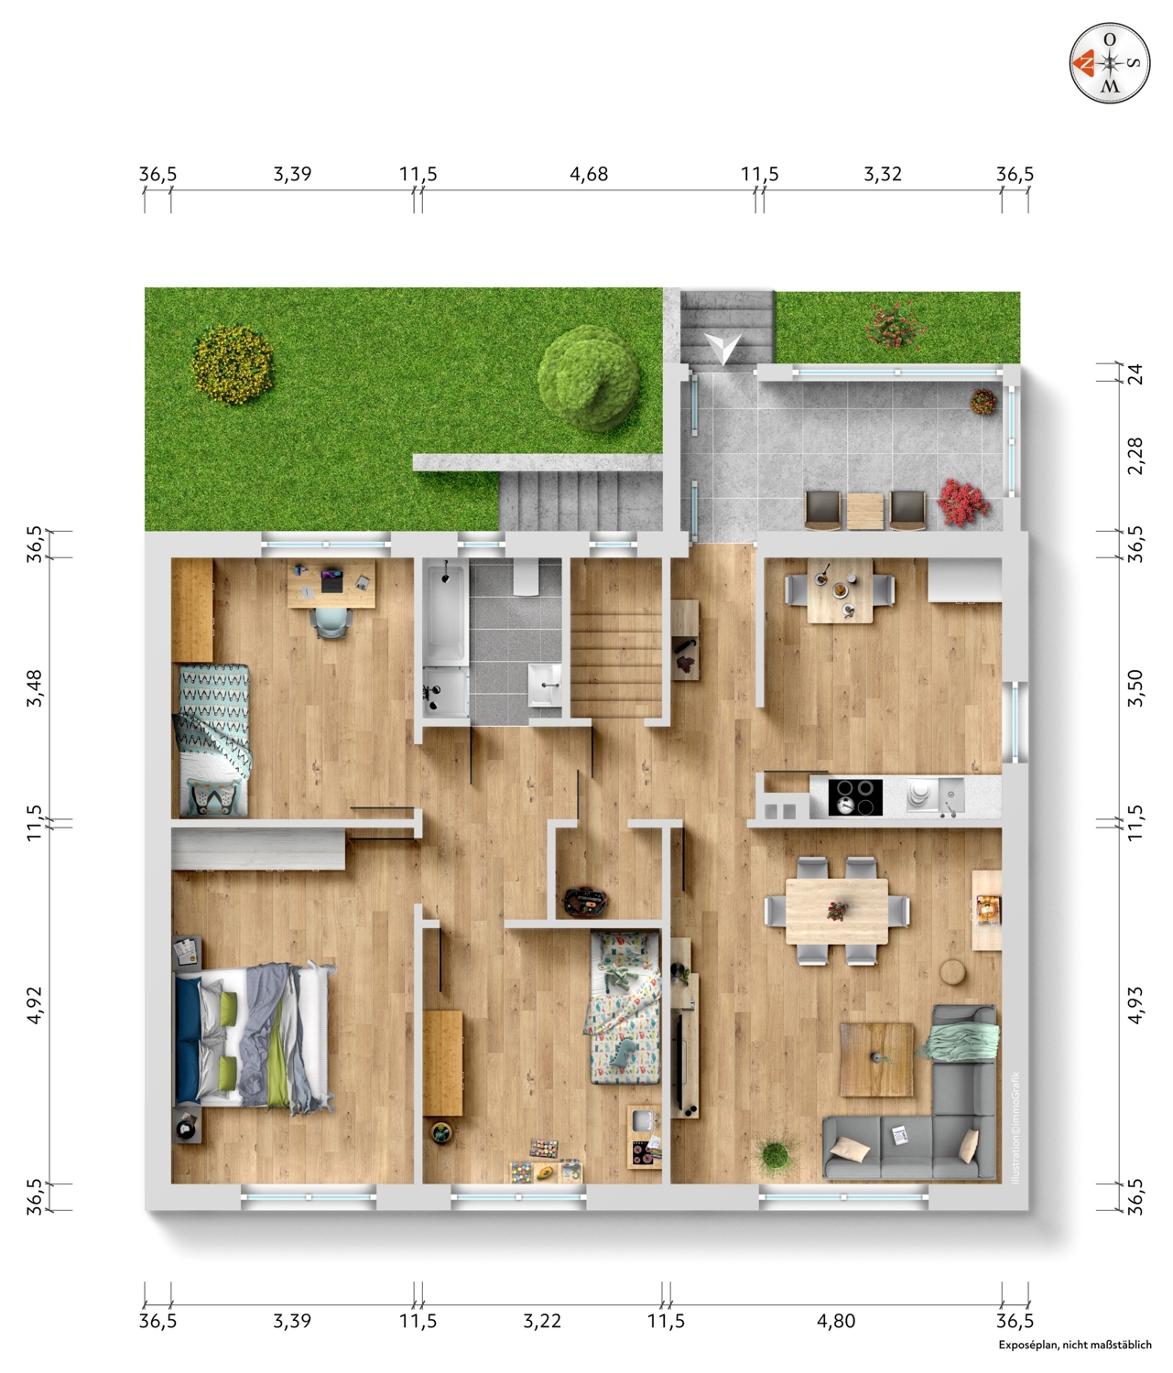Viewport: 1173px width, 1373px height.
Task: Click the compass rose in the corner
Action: [x=1109, y=63]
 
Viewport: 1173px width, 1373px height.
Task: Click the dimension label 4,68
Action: [x=589, y=174]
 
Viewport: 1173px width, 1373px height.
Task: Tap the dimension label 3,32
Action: [x=883, y=174]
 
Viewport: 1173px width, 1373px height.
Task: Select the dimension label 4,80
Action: [x=836, y=1321]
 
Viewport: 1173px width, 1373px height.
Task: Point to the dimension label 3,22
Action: [x=542, y=1321]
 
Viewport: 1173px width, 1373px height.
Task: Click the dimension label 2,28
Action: [x=1135, y=456]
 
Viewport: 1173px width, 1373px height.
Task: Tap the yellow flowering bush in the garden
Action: [x=232, y=364]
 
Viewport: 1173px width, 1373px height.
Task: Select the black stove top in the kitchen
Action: [x=855, y=796]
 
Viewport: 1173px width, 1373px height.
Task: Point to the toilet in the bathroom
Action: [x=529, y=577]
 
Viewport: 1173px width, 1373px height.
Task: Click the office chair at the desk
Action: [x=331, y=623]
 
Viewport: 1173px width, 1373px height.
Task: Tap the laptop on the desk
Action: [x=331, y=581]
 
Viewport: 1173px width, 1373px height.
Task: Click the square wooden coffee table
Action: [x=876, y=1059]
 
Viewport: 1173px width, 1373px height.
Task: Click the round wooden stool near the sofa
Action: [x=953, y=972]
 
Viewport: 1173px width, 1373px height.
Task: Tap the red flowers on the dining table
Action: [x=837, y=911]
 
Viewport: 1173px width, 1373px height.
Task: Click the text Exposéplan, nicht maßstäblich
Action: [x=1075, y=1357]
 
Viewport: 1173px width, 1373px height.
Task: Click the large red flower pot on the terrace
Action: [x=963, y=503]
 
